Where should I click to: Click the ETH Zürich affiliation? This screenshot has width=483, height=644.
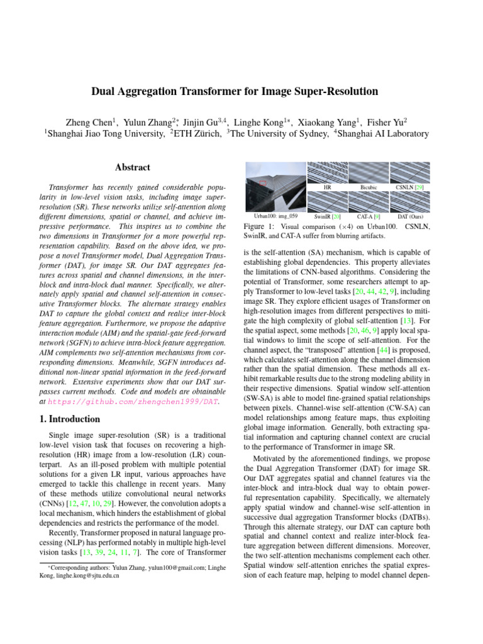(197, 133)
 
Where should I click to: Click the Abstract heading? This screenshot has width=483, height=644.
(133, 168)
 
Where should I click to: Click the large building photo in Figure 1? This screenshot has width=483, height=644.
(274, 187)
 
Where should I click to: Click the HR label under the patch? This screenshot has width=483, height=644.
(327, 187)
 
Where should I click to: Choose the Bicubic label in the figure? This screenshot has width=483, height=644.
(369, 187)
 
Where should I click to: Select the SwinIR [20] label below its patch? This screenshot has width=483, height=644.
(327, 216)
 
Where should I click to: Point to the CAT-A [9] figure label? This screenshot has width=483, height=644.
(369, 216)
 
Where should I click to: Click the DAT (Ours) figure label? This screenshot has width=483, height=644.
(410, 216)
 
